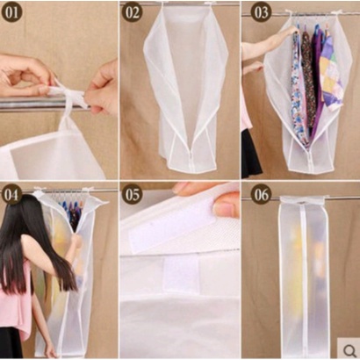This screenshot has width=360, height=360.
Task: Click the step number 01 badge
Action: click(11, 13)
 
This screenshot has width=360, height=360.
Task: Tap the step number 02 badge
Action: click(133, 12)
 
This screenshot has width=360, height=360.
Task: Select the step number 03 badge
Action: click(261, 12)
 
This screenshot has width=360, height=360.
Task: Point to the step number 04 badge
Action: click(11, 194)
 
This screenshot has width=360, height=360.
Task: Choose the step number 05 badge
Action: click(133, 194)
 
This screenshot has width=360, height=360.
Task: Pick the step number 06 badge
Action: click(261, 194)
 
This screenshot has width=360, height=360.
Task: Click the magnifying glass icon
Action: click(349, 349)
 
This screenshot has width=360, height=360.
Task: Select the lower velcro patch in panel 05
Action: click(181, 275)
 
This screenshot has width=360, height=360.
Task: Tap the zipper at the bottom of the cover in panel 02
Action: click(191, 160)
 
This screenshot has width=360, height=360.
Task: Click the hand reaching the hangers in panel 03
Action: click(288, 31)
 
